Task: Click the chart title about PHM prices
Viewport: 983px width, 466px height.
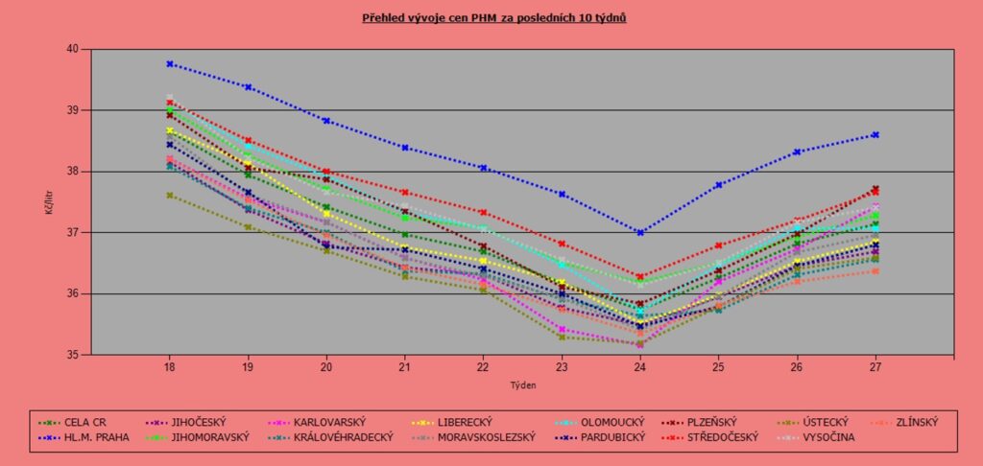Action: (494, 18)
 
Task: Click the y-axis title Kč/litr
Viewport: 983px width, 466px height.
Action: (49, 201)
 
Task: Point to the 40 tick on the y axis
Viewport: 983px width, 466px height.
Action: (74, 49)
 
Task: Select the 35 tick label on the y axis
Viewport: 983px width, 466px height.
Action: (74, 355)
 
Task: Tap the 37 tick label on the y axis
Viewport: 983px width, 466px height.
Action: (74, 233)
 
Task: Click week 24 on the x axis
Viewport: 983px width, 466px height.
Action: (640, 366)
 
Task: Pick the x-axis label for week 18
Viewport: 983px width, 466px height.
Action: (170, 366)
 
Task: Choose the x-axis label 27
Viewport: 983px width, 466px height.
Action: (875, 366)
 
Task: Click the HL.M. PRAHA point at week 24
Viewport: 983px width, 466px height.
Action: (640, 232)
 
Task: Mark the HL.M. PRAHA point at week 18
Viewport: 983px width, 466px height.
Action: (170, 64)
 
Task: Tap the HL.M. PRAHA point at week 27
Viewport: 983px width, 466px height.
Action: (875, 135)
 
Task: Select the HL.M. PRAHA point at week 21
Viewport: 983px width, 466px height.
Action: (405, 148)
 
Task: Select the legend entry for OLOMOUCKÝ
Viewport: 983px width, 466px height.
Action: (604, 421)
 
